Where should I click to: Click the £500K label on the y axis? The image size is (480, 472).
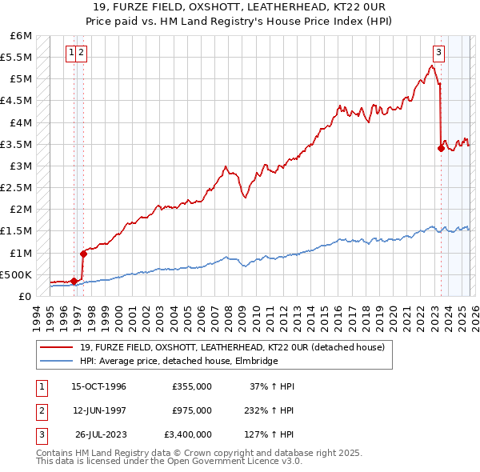tap(16, 274)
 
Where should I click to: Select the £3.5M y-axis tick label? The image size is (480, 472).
tap(18, 144)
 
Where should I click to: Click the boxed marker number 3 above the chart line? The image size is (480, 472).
tap(438, 54)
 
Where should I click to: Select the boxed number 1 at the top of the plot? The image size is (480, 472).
tap(72, 54)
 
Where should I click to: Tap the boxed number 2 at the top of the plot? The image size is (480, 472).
tap(82, 54)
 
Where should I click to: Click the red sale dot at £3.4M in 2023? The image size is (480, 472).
tap(441, 147)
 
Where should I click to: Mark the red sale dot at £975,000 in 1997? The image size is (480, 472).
tap(83, 254)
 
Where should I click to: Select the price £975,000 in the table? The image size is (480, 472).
tap(192, 410)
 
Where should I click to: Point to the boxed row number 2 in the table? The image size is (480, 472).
tap(39, 410)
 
